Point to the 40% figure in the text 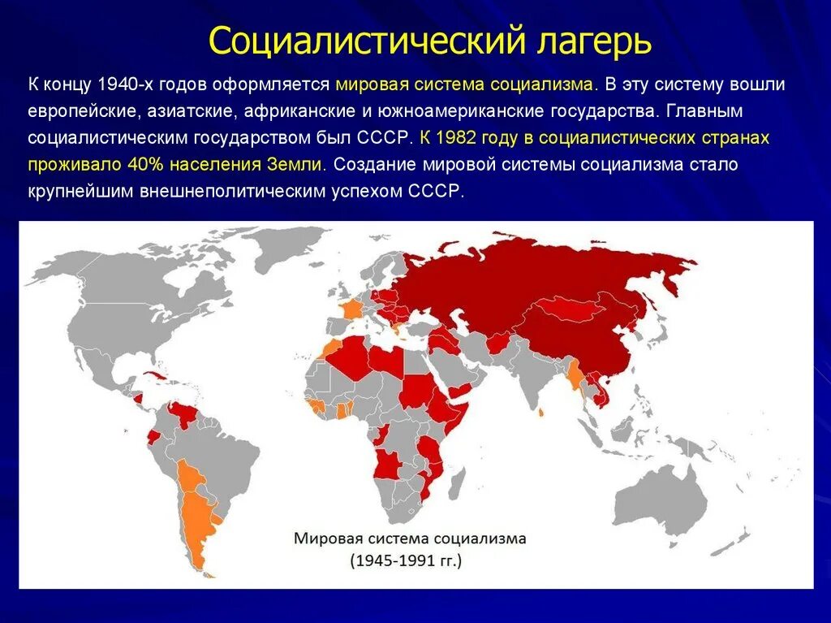145,164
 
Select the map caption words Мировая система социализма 410,539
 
